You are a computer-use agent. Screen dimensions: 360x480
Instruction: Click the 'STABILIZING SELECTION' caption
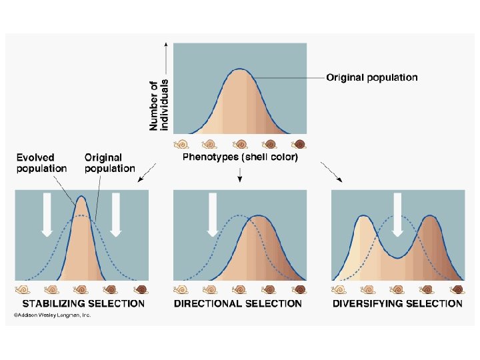tap(80, 303)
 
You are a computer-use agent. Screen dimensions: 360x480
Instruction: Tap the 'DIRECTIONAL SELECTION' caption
tap(238, 303)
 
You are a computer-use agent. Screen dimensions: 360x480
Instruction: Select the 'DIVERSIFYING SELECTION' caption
tap(397, 303)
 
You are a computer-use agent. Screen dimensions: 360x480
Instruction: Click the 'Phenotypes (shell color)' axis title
tap(240, 157)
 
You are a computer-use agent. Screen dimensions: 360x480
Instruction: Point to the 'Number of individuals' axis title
tap(159, 105)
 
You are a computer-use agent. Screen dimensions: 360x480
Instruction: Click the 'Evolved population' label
tap(41, 163)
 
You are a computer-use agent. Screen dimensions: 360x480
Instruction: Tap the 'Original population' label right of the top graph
tap(371, 77)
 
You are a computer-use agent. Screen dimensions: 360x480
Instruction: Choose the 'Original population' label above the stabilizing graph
tap(109, 163)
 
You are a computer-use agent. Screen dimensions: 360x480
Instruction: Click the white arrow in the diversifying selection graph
tap(398, 213)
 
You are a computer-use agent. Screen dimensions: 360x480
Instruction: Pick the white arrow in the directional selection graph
tap(213, 213)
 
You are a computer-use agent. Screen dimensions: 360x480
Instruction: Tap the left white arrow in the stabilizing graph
tap(47, 213)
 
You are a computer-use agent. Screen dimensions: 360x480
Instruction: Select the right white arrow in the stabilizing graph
tap(116, 213)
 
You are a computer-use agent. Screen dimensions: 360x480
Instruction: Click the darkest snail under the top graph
tap(299, 143)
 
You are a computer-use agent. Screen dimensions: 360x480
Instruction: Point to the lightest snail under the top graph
tap(181, 143)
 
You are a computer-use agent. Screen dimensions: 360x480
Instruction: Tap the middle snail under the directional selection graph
tap(239, 289)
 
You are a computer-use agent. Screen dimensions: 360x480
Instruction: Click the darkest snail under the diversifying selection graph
tap(457, 289)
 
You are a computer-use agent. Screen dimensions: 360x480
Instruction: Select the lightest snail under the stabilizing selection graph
tap(23, 289)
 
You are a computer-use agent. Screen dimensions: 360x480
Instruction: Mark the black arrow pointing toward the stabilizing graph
tap(145, 173)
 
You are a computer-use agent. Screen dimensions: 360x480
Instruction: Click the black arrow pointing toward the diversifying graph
tap(333, 173)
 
